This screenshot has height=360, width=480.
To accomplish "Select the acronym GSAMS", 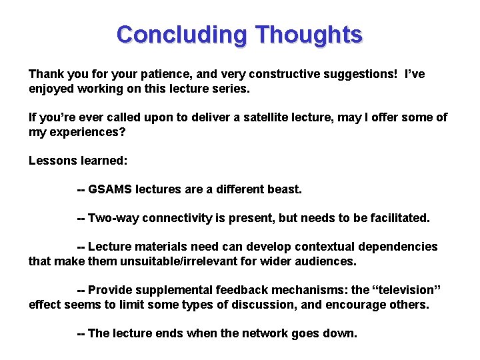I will tap(110, 189).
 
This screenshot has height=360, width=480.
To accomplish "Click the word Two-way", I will tap(111, 218).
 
